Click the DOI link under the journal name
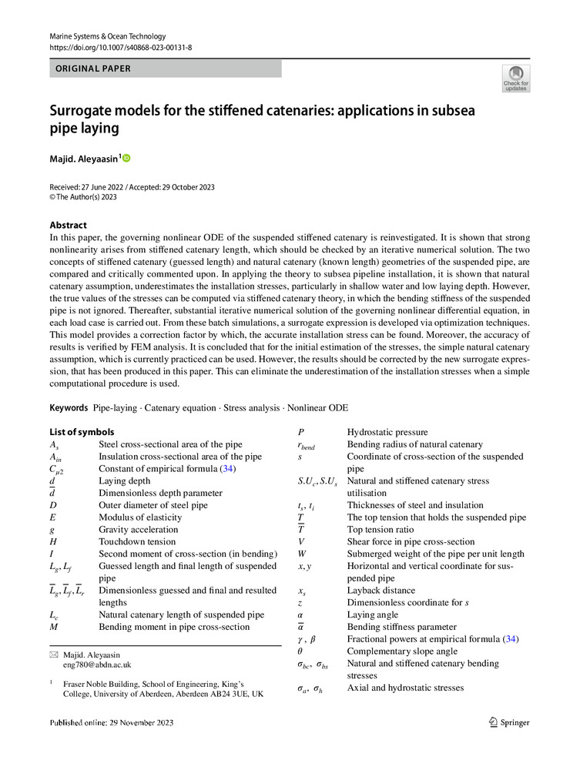[x=120, y=48]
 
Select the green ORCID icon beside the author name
[x=127, y=158]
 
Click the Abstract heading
[x=68, y=225]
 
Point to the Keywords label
[x=69, y=407]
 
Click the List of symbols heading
[x=82, y=432]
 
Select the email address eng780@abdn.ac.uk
[x=97, y=664]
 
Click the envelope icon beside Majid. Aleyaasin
[x=53, y=654]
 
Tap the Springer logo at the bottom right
[x=509, y=722]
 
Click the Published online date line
[x=111, y=722]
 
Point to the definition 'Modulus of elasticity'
[x=142, y=517]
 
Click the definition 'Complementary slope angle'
[x=402, y=651]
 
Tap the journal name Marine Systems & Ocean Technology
[x=107, y=36]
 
